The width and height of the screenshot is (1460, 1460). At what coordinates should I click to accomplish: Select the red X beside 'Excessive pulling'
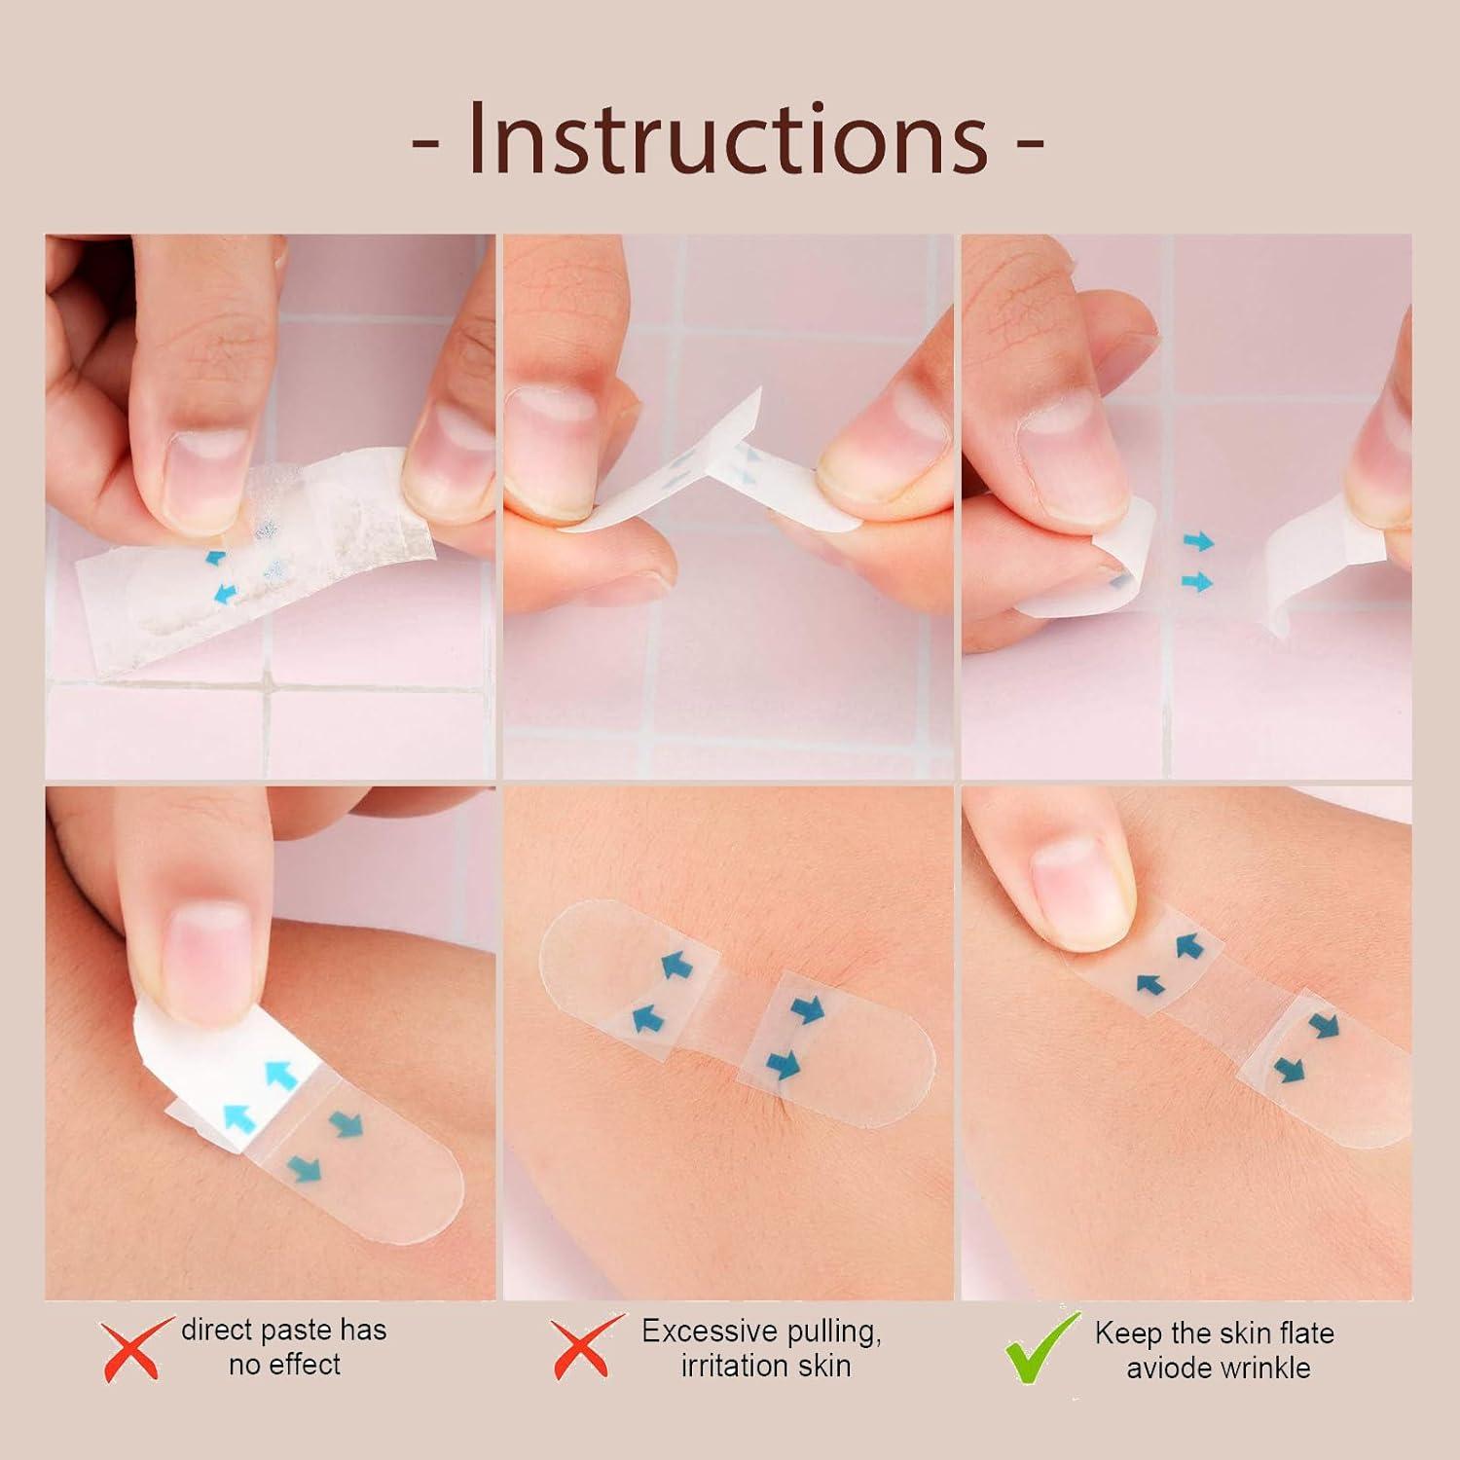click(585, 1348)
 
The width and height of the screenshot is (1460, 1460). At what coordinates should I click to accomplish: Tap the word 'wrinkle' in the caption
click(1263, 1368)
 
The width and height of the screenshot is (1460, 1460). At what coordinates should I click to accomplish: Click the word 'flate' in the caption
click(1301, 1332)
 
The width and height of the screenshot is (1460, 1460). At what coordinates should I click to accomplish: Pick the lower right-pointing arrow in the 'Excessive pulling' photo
click(782, 1064)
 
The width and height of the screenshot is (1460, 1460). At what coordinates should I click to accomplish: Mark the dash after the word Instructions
click(1029, 143)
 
